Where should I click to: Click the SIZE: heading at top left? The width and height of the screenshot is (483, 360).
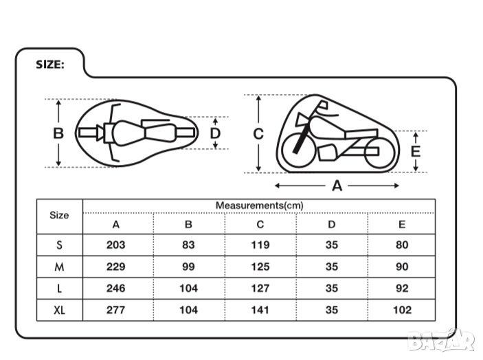coord(50,65)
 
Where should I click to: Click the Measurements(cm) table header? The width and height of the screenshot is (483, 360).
coord(260,205)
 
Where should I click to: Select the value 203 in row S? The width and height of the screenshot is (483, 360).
coord(116,245)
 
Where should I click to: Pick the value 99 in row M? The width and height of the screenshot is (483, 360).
coord(188,267)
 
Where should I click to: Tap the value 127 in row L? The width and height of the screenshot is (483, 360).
coord(260,289)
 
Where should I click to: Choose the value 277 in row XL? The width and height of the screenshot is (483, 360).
coord(116,310)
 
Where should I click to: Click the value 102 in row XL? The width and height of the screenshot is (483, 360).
coord(402,310)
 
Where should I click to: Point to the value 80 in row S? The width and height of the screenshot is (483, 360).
coord(402,245)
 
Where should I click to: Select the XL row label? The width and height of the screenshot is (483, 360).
coord(60,310)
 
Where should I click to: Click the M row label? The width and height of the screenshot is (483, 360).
coord(59,267)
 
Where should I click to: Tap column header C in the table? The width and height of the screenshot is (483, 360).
coord(260,225)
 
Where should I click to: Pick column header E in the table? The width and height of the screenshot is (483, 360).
coord(402,225)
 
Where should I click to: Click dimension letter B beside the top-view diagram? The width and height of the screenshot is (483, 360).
coord(58,133)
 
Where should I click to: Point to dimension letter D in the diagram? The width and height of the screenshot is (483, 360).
coord(215,133)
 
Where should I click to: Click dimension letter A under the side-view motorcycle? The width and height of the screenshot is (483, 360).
coord(337,185)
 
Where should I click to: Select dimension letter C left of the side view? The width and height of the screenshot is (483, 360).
coord(258,134)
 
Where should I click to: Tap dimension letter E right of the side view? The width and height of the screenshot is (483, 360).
coord(416,152)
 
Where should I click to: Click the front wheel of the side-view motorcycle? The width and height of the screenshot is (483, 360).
coord(299,150)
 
